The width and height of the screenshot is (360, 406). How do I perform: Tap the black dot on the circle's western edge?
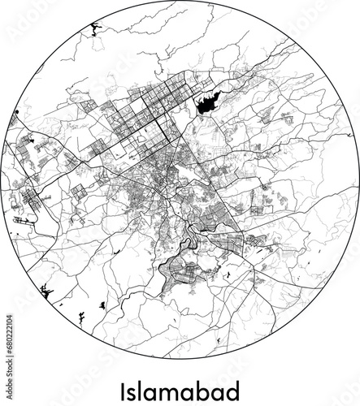(15, 110)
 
